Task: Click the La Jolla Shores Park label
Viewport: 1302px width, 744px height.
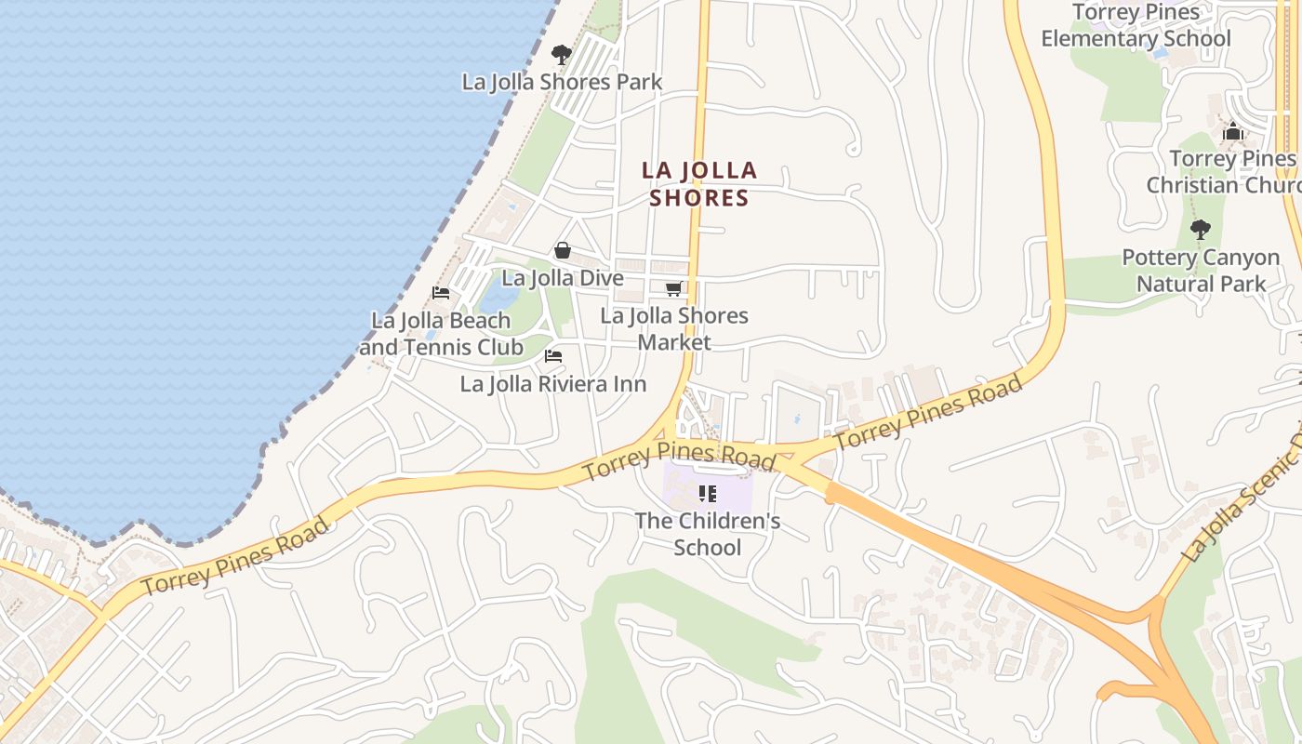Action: pyautogui.click(x=562, y=82)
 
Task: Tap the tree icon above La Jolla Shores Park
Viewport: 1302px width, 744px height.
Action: pyautogui.click(x=561, y=54)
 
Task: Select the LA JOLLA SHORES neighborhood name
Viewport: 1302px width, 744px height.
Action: pyautogui.click(x=699, y=184)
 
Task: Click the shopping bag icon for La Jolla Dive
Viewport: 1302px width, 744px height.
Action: pyautogui.click(x=563, y=250)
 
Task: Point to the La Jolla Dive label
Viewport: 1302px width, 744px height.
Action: pyautogui.click(x=562, y=278)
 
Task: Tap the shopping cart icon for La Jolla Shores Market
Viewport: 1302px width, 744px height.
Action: pyautogui.click(x=674, y=289)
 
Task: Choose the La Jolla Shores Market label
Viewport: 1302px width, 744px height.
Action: pyautogui.click(x=674, y=328)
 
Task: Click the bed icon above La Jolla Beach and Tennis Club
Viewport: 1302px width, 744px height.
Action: pyautogui.click(x=441, y=293)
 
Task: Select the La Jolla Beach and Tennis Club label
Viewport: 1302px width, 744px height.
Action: pyautogui.click(x=441, y=334)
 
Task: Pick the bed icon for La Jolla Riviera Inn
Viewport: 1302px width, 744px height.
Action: pyautogui.click(x=553, y=356)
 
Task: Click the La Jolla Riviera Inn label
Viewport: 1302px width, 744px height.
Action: pyautogui.click(x=552, y=384)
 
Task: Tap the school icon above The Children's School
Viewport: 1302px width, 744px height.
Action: pyautogui.click(x=708, y=494)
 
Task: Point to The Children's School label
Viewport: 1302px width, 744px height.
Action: pyautogui.click(x=708, y=534)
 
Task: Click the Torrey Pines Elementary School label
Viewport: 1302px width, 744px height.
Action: pyautogui.click(x=1136, y=25)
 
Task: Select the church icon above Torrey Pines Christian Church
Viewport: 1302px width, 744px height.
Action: pyautogui.click(x=1233, y=132)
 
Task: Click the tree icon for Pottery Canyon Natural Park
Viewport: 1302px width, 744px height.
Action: pyautogui.click(x=1201, y=229)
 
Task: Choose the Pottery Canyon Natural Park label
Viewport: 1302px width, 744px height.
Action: pyautogui.click(x=1201, y=270)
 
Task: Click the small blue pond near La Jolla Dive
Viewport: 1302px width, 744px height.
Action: pyautogui.click(x=499, y=297)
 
